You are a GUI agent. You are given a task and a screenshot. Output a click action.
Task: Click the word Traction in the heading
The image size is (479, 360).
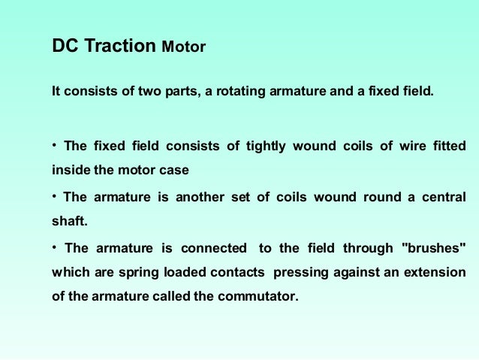[x=121, y=47]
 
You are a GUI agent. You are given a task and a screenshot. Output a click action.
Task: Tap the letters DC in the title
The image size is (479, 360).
[x=65, y=47]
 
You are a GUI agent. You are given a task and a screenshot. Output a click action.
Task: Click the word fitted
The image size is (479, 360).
[x=449, y=146]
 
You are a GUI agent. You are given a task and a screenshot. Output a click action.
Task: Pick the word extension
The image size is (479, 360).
[x=435, y=271]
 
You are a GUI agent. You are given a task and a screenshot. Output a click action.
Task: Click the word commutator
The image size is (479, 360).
[x=258, y=295]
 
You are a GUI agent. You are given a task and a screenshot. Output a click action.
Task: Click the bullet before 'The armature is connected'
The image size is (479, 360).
[x=55, y=247]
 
